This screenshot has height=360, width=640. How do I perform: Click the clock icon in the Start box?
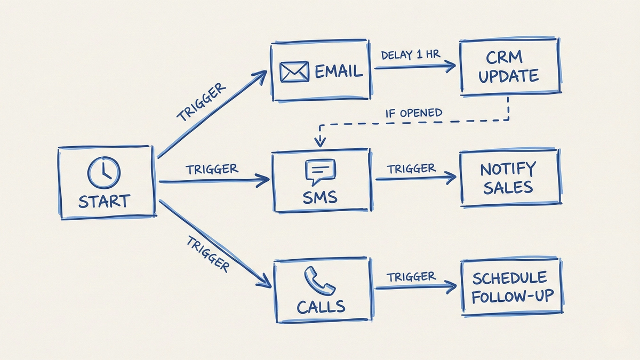pos(104,172)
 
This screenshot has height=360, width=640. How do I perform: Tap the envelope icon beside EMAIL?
pos(294,71)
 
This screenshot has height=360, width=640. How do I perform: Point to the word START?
pos(104,202)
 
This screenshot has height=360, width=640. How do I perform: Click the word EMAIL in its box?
pos(338,71)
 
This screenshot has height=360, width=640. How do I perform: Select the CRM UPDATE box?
pos(508,66)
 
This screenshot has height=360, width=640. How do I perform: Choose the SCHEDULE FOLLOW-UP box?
pos(509,286)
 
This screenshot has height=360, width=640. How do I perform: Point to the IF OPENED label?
pos(414,113)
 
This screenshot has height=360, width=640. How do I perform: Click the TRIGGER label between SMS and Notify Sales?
pos(411,169)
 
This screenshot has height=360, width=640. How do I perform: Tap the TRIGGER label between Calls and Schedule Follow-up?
pos(411,277)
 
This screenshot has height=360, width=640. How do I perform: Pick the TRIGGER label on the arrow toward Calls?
pos(208,254)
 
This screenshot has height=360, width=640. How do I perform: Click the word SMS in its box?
pos(319,197)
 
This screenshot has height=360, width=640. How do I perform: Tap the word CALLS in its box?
pos(321,307)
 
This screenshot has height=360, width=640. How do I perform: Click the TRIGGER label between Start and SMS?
pos(212,169)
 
